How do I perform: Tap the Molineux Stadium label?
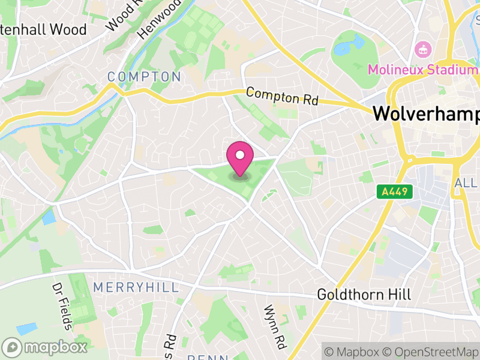pos(422,70)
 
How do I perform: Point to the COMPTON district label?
pos(144,77)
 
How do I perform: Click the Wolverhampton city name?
pos(426,114)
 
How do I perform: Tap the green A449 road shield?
pos(394,192)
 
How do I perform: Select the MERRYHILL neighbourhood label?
pos(136,287)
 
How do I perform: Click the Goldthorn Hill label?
pos(364,295)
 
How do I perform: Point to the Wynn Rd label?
pos(274,327)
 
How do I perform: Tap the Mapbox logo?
pos(45,347)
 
